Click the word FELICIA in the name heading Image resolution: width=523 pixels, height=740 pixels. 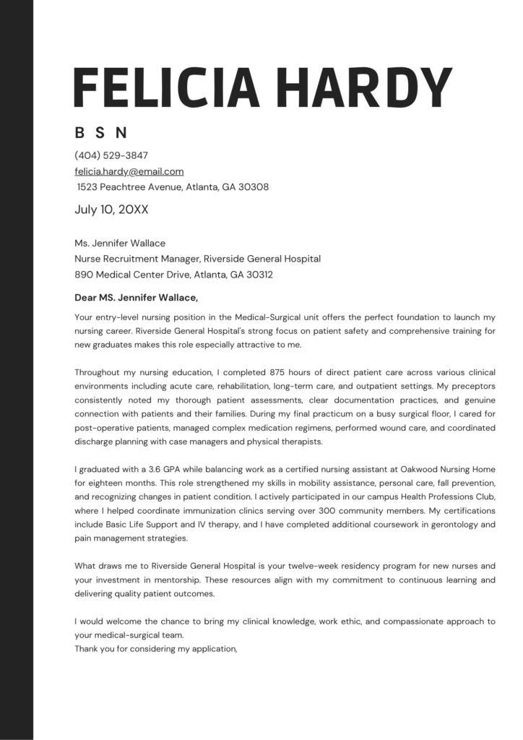pyautogui.click(x=167, y=89)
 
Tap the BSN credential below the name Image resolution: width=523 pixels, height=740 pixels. pyautogui.click(x=101, y=133)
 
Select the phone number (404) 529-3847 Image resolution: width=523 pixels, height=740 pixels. pyautogui.click(x=111, y=155)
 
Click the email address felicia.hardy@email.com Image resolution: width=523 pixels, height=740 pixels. pyautogui.click(x=129, y=171)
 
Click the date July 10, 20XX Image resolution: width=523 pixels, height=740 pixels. pyautogui.click(x=112, y=210)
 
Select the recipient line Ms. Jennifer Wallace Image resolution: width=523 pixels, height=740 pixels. pyautogui.click(x=120, y=243)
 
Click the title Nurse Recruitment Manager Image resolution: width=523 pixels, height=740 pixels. pyautogui.click(x=137, y=259)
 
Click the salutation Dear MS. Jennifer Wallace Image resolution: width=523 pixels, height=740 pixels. pyautogui.click(x=135, y=297)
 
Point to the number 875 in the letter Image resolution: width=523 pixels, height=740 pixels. pyautogui.click(x=280, y=373)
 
